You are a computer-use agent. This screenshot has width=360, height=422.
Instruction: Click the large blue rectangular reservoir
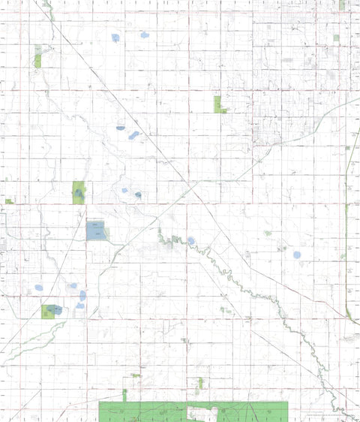(96, 231)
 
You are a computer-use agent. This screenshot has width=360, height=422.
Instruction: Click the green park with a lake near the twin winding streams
(52, 310)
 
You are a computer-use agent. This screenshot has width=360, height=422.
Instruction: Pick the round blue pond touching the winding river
(190, 241)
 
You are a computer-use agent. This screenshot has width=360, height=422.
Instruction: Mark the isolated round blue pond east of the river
(296, 255)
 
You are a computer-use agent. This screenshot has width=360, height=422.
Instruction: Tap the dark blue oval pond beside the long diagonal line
(120, 128)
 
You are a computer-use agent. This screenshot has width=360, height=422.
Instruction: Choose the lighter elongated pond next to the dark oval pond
(134, 135)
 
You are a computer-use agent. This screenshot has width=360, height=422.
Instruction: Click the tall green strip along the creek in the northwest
(37, 57)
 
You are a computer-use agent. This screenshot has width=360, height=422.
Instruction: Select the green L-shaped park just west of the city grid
(218, 104)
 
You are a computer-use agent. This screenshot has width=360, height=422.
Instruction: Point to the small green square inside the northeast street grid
(336, 38)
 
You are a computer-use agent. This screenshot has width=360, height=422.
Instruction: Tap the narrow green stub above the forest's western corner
(124, 395)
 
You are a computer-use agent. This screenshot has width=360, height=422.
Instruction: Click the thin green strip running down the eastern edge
(347, 255)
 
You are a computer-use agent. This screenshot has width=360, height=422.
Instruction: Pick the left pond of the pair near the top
(115, 37)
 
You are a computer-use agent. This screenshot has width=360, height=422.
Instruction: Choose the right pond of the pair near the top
(144, 35)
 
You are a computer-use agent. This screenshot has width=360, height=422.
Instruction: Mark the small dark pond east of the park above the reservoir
(138, 195)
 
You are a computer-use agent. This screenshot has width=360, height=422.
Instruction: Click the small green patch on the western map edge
(9, 201)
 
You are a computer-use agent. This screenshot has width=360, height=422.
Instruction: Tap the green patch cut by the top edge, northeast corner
(342, 5)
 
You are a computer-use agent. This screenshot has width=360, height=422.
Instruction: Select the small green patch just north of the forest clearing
(199, 384)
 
